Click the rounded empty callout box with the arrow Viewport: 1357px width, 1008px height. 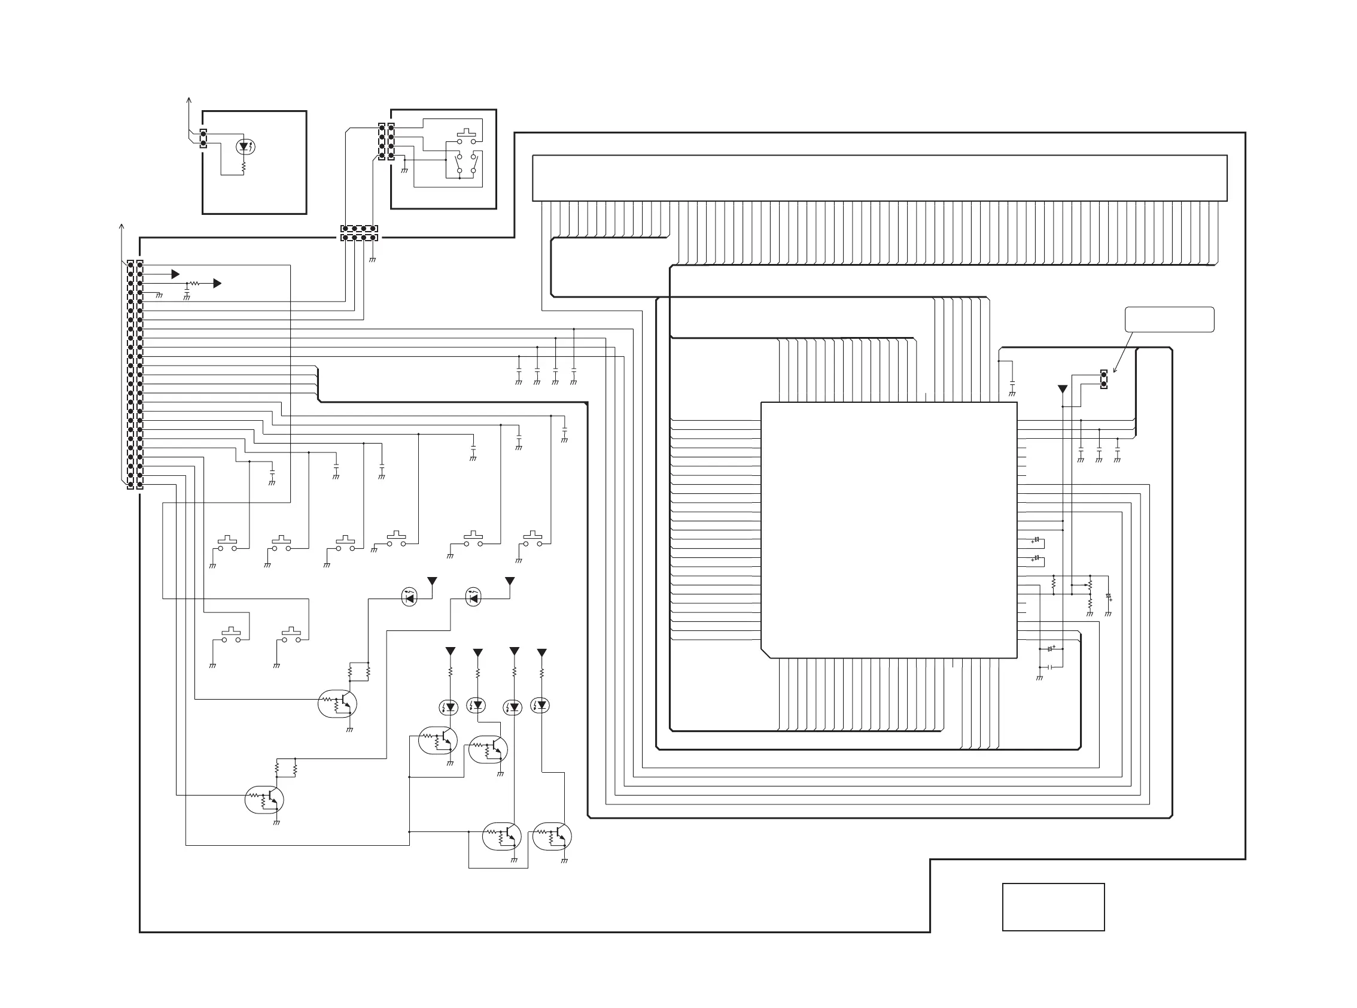[x=1169, y=320]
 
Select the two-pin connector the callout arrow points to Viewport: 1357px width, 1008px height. [x=1103, y=379]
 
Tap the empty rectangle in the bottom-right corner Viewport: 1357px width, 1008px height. [x=1052, y=907]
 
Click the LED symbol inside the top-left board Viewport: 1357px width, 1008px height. [x=245, y=147]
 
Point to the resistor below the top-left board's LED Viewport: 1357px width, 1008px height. [x=244, y=165]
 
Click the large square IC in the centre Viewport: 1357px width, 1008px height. [x=889, y=530]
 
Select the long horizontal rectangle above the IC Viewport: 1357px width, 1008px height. [x=880, y=178]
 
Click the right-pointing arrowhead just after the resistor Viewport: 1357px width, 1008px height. [x=217, y=284]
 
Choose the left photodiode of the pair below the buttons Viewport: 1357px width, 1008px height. [x=409, y=598]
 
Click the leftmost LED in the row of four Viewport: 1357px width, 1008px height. [x=449, y=707]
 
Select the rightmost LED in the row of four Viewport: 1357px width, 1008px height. [x=540, y=706]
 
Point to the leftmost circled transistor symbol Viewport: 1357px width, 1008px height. [x=264, y=799]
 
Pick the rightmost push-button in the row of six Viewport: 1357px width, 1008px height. [x=533, y=539]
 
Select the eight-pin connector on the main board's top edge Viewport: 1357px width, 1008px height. [x=358, y=233]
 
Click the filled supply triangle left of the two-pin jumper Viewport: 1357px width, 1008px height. [x=1063, y=388]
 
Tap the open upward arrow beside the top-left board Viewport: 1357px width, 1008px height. [x=188, y=101]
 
